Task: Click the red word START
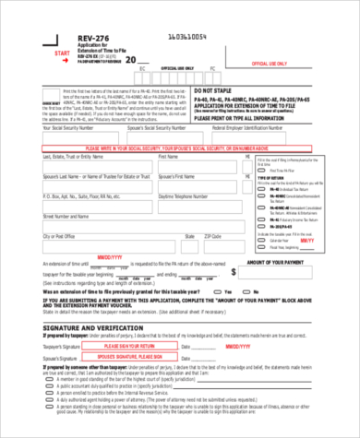63,55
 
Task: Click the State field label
188,236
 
